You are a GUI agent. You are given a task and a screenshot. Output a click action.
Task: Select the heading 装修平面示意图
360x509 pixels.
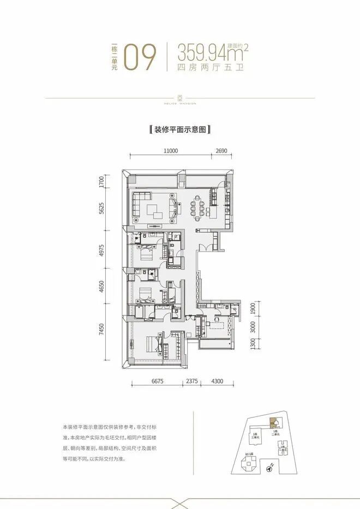tap(180, 130)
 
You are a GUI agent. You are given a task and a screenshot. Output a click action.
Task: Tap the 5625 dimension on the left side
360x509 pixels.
tap(101, 209)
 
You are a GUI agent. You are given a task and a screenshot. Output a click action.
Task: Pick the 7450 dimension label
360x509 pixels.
tap(101, 330)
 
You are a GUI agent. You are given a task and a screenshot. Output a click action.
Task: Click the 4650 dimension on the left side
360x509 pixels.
tap(101, 288)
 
